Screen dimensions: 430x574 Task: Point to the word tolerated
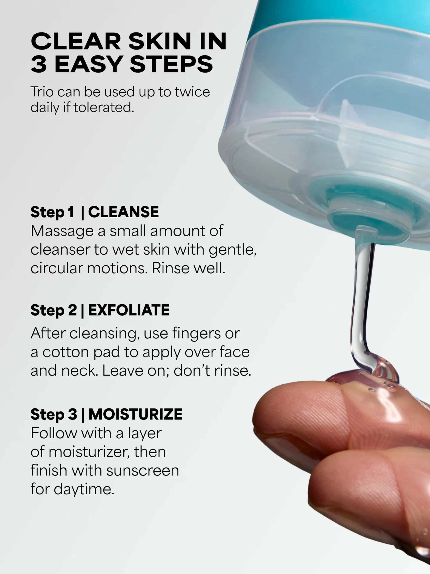104,107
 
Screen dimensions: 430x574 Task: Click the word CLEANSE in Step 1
123,212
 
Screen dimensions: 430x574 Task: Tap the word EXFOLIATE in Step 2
129,310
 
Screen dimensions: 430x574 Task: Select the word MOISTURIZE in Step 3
135,414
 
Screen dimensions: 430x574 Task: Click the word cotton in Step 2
66,352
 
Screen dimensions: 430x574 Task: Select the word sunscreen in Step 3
143,470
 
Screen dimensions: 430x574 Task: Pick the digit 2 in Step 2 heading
73,310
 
